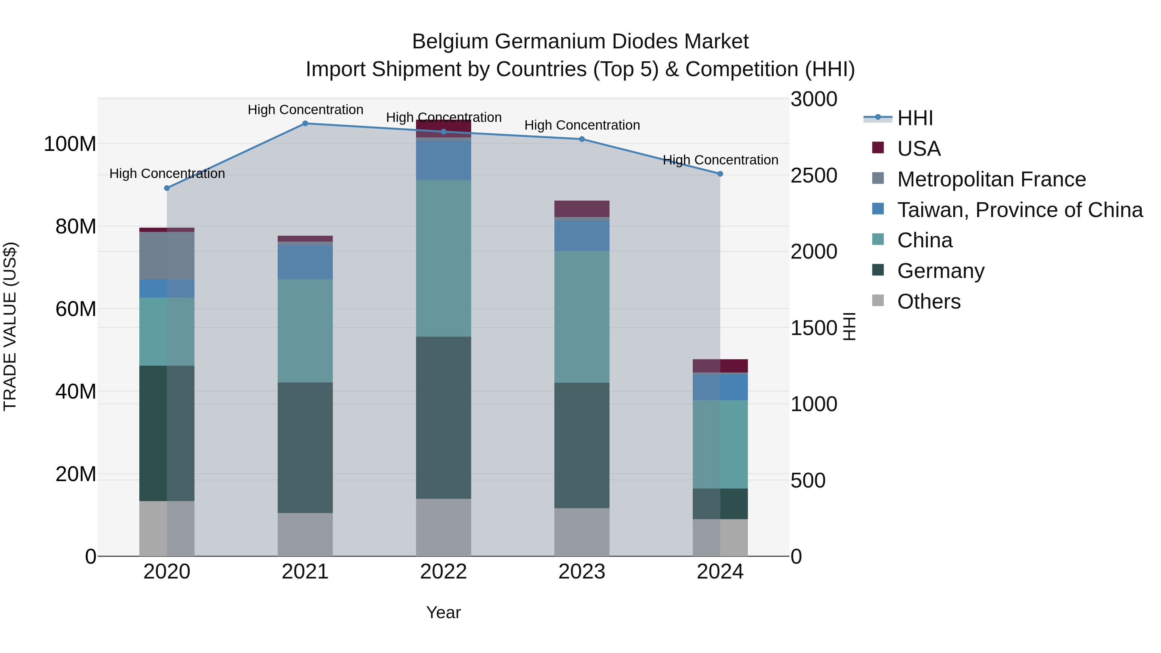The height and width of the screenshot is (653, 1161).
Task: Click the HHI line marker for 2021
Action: coord(305,124)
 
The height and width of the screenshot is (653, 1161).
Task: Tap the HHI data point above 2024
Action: coord(720,174)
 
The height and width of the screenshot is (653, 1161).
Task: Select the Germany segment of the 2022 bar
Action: coord(443,417)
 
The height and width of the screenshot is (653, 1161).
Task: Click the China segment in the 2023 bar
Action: coord(581,317)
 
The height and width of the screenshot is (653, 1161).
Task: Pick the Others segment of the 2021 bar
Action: coord(305,534)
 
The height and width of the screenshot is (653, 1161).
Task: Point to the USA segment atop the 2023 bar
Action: coord(581,209)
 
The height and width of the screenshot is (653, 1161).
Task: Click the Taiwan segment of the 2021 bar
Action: coord(305,262)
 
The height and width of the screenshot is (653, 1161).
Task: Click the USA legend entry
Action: coord(918,149)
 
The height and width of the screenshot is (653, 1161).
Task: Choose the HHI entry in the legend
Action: coord(915,118)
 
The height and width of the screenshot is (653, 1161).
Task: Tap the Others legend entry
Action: coord(928,302)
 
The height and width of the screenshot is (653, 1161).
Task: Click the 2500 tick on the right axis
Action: coord(814,175)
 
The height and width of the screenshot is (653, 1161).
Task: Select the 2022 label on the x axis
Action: coord(443,572)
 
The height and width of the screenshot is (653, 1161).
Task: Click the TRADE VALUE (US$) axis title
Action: coord(10,326)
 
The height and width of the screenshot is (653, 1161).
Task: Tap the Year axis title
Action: coord(443,612)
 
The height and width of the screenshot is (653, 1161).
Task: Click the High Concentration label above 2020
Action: coord(167,173)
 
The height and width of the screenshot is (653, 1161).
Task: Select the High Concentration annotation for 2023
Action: coord(581,125)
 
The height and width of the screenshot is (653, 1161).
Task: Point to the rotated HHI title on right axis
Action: coord(849,326)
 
